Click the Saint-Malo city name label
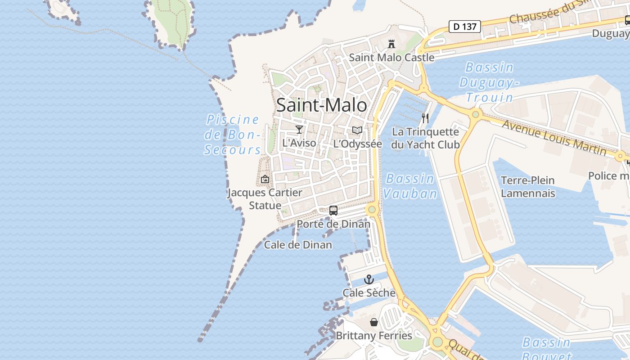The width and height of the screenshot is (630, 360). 321,105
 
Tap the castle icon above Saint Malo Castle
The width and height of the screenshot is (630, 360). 391,44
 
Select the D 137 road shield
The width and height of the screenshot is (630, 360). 465,27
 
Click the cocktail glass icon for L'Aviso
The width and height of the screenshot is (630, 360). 299,130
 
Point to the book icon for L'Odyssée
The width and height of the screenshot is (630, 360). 357,130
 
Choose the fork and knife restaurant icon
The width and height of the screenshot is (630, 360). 425,118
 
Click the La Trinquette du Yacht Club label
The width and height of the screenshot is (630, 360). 425,138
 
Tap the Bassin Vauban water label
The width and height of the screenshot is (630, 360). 410,186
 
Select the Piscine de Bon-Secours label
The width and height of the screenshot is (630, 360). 233,135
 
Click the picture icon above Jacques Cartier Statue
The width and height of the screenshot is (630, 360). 265,179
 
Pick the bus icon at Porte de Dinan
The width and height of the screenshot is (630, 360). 333,210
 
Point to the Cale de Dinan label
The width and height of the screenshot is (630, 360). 298,245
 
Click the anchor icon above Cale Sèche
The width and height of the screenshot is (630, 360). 369,279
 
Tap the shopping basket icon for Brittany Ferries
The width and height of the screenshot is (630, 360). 374,322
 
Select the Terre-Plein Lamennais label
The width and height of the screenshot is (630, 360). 528,187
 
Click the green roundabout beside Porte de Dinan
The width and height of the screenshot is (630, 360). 372,209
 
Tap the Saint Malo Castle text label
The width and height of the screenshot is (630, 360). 391,58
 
